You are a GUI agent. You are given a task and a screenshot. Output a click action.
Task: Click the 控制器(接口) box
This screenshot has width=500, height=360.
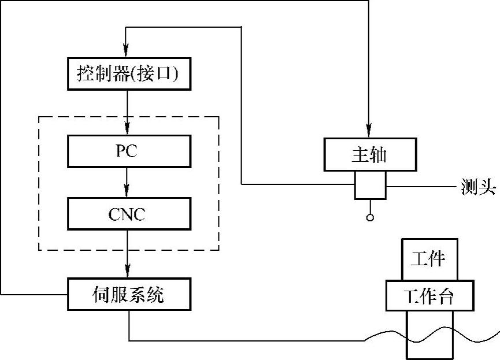129,74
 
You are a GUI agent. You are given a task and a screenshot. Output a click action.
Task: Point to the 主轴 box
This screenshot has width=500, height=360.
369,155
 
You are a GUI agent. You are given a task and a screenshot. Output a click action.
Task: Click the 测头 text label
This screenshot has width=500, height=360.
477,187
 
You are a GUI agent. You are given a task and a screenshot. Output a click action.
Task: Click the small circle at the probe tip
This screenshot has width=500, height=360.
369,218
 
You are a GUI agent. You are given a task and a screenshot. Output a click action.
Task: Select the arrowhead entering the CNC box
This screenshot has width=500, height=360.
128,193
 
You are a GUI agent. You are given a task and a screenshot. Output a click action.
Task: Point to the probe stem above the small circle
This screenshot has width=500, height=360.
369,206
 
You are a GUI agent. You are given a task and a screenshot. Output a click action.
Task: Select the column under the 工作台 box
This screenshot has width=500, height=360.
430,335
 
